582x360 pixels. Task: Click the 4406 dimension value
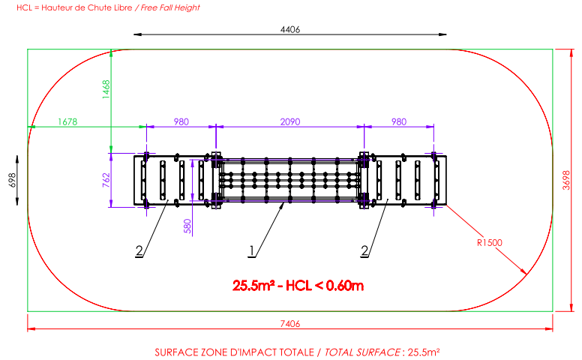click(290, 29)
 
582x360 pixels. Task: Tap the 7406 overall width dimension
click(290, 324)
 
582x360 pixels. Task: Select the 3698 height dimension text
click(566, 180)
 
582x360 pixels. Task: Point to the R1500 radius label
click(489, 243)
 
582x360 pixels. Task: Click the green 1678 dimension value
click(67, 121)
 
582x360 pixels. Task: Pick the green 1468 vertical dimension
click(106, 89)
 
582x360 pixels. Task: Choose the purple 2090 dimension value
click(290, 121)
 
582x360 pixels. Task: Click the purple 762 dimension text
click(106, 180)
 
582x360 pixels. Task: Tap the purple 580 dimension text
click(187, 226)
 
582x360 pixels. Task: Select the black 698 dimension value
click(12, 180)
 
